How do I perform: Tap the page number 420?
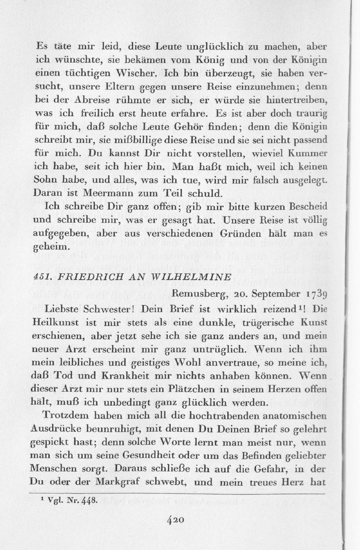[176, 520]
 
